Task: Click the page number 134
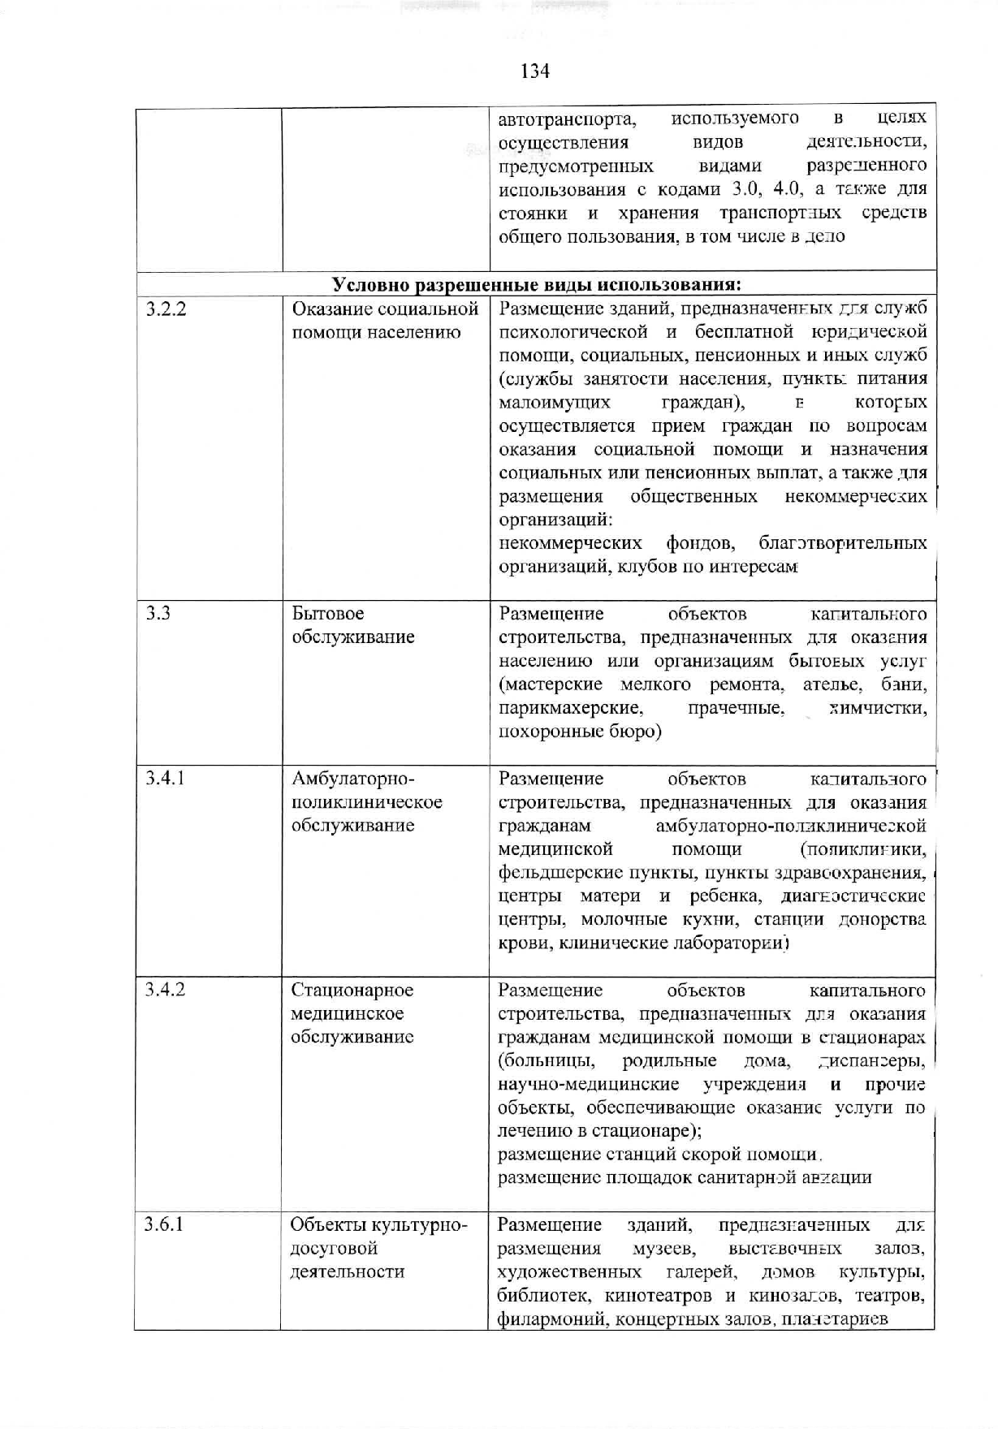pos(534,71)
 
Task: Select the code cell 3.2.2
pos(166,309)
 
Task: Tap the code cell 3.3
pos(158,613)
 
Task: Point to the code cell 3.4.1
pos(165,779)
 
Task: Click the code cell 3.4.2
pos(165,990)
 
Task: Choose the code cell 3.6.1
pos(164,1224)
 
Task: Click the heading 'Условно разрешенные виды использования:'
pos(536,284)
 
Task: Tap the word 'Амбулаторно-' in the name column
pos(353,779)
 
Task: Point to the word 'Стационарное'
pos(352,990)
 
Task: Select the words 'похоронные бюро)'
pos(580,732)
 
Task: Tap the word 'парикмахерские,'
pos(571,708)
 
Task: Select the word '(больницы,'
pos(547,1061)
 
